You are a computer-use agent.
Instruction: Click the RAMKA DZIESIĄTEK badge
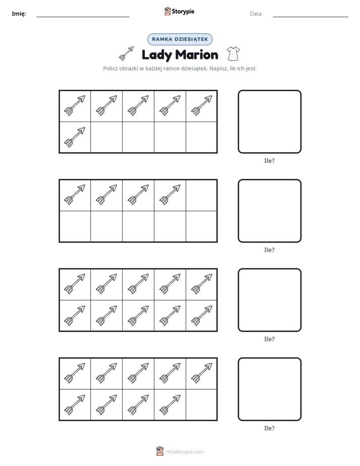click(179, 39)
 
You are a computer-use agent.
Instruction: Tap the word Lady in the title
click(157, 55)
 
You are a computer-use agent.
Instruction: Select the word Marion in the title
click(197, 54)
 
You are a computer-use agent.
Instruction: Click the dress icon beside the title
click(233, 54)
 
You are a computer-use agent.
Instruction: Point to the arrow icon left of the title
click(126, 53)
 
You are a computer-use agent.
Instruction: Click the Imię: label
click(19, 14)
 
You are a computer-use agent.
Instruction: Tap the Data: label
click(256, 14)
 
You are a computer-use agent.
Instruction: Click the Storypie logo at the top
click(179, 11)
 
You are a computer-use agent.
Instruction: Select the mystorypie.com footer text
click(185, 452)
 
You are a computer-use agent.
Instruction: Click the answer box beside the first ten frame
click(269, 122)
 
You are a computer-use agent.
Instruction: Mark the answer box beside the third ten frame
click(269, 300)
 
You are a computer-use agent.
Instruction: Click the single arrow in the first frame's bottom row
click(75, 137)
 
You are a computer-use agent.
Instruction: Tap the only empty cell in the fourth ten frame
click(201, 405)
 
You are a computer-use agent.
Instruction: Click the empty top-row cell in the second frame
click(201, 195)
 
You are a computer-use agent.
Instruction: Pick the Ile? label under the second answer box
click(269, 250)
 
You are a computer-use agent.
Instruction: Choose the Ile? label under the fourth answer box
click(269, 428)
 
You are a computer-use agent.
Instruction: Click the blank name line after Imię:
click(83, 17)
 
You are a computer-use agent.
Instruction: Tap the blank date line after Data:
click(311, 17)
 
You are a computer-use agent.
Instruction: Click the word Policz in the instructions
click(110, 69)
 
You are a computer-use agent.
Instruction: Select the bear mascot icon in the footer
click(160, 451)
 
